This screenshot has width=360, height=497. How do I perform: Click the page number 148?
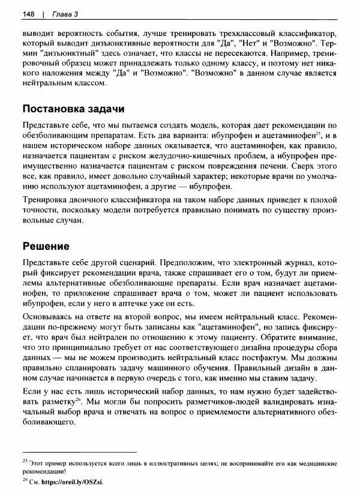coord(28,13)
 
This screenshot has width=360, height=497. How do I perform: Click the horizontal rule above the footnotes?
coord(79,451)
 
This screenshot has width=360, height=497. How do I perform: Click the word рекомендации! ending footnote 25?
coord(46,472)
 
